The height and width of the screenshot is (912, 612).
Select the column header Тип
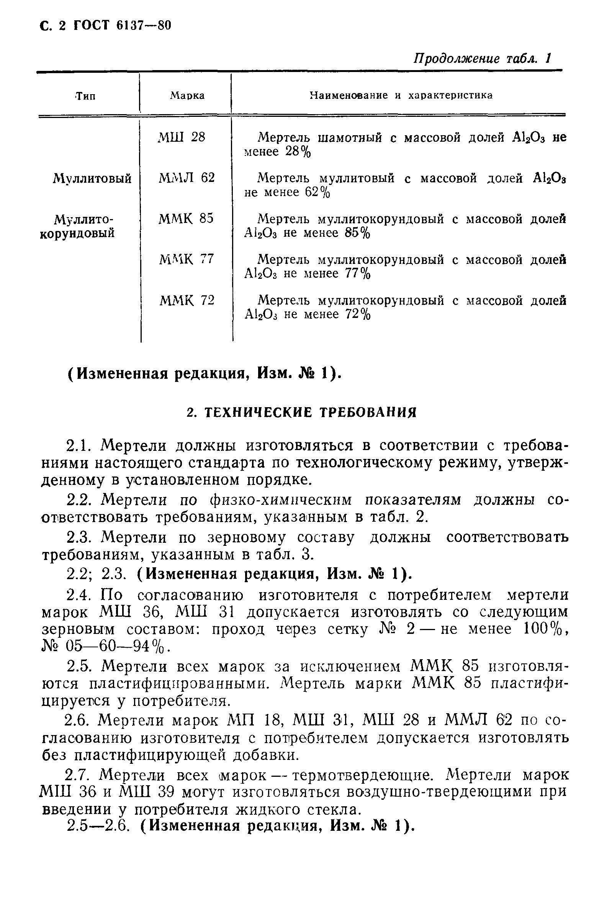tap(85, 96)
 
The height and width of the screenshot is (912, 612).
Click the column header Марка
tap(187, 96)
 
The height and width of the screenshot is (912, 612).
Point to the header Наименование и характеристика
tap(401, 96)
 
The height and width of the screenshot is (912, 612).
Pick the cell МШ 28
tap(182, 138)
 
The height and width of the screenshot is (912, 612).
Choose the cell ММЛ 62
tap(187, 178)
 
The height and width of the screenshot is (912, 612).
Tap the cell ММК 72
tap(187, 300)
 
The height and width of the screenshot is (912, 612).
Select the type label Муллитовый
tap(92, 179)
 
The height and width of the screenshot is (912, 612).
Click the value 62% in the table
tap(317, 192)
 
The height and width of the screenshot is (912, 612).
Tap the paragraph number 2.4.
tap(78, 595)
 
